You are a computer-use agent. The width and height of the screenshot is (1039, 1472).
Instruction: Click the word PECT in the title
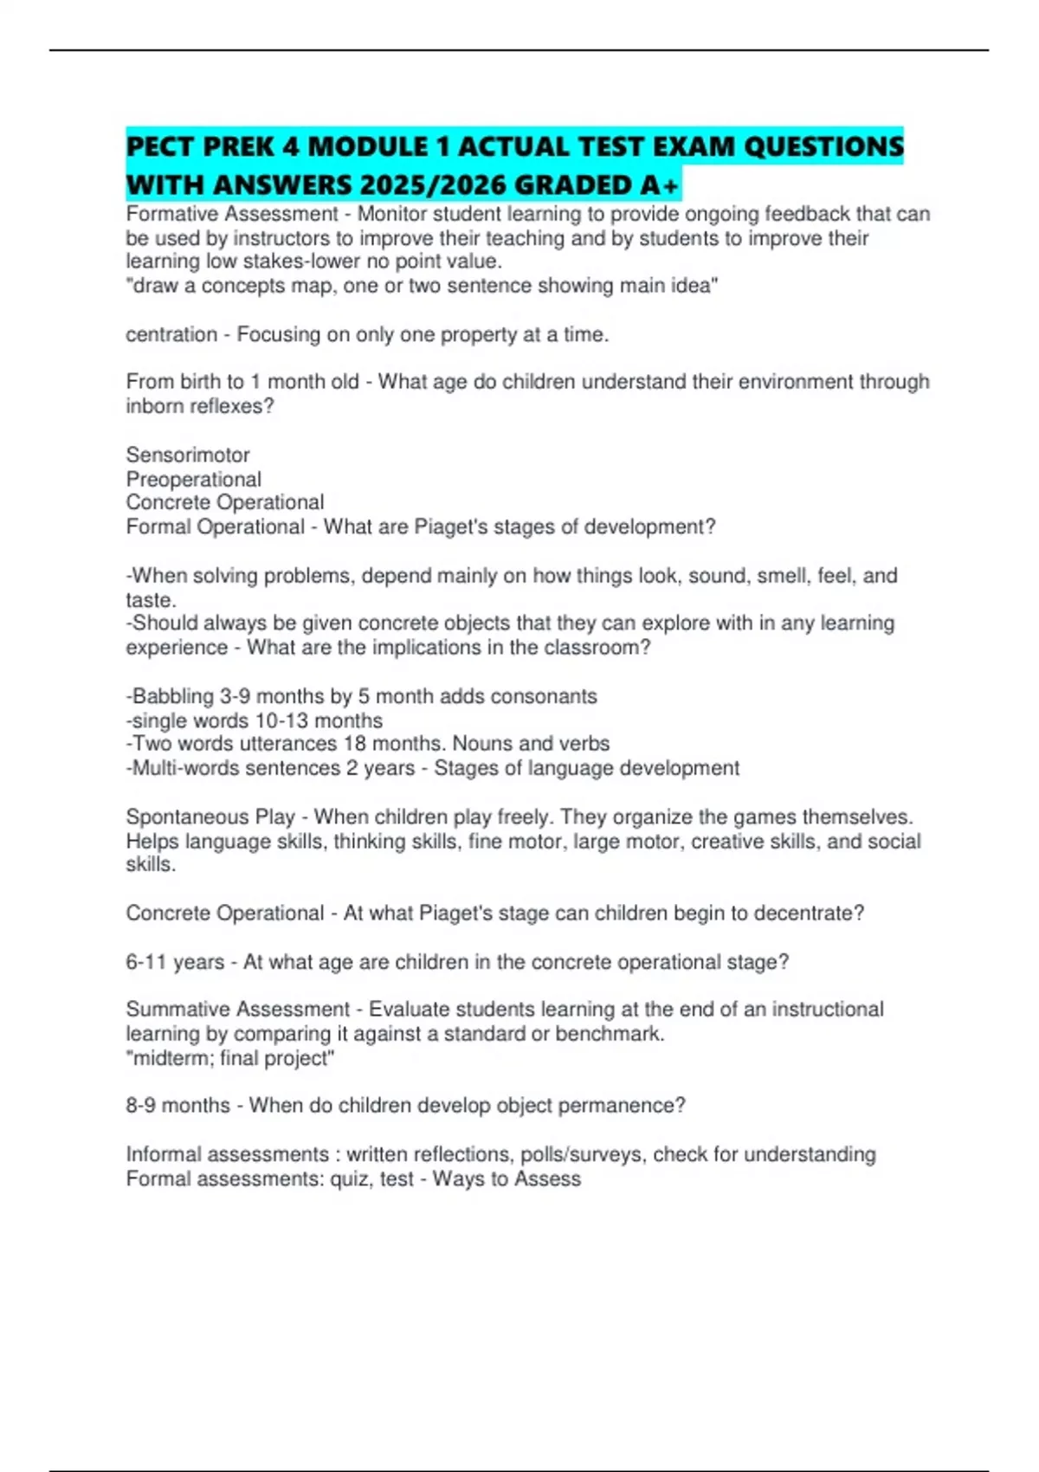click(x=159, y=146)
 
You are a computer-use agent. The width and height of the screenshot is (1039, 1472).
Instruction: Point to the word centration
click(x=171, y=334)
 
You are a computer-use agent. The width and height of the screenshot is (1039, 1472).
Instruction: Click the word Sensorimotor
click(x=187, y=455)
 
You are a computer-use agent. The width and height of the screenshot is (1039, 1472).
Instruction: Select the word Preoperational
click(x=193, y=479)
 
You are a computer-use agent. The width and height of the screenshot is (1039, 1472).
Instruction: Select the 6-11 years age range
click(x=175, y=962)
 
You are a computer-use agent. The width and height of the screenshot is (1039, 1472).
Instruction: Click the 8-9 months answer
click(x=177, y=1106)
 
